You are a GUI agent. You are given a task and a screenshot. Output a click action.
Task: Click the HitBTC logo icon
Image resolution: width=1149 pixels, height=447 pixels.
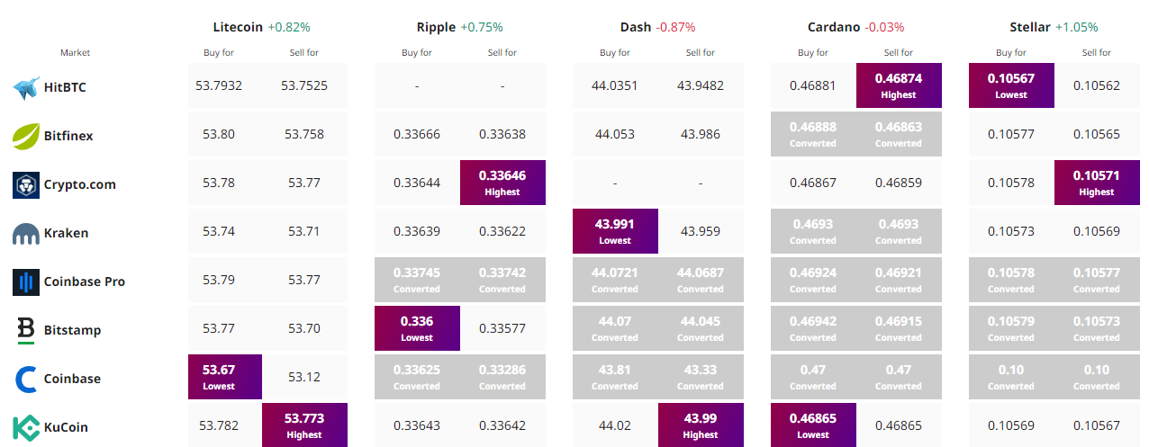(25, 87)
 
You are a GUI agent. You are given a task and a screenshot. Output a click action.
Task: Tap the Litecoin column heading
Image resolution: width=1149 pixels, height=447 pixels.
(238, 27)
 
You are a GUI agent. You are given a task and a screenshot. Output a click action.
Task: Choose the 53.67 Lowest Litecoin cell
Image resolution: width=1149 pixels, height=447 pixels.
(219, 377)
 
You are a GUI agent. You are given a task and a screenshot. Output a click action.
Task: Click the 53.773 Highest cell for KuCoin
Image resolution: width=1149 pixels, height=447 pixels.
(304, 425)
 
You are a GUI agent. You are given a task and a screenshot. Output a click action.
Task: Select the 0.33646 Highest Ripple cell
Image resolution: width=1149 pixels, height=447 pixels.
(502, 183)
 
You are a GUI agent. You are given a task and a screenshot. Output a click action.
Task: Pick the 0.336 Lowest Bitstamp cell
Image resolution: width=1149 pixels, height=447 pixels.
(417, 328)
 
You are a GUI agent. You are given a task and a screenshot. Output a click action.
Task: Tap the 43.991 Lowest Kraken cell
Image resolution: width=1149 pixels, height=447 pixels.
(615, 231)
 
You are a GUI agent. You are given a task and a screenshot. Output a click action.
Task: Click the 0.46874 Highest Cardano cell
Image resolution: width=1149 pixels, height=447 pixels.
(899, 85)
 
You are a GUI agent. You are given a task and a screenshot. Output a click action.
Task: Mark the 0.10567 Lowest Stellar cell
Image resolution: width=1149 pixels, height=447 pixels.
(1011, 85)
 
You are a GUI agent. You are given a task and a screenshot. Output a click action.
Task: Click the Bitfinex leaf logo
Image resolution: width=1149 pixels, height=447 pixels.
(25, 136)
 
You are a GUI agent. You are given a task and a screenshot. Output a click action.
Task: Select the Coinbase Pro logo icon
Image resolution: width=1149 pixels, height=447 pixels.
(25, 282)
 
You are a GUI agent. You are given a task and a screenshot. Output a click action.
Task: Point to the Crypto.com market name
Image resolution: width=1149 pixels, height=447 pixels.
(80, 184)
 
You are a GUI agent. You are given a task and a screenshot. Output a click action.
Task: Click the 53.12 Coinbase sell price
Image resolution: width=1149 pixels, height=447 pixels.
(304, 378)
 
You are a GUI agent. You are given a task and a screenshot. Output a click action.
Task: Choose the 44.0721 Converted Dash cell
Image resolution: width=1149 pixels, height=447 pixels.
(615, 280)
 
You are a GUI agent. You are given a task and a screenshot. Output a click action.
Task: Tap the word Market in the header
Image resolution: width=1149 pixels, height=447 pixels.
(76, 53)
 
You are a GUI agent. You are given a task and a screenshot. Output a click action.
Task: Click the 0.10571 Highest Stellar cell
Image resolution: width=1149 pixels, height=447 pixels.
(1097, 183)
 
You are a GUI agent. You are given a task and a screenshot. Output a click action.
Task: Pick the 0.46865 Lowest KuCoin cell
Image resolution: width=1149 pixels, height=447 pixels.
(813, 425)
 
